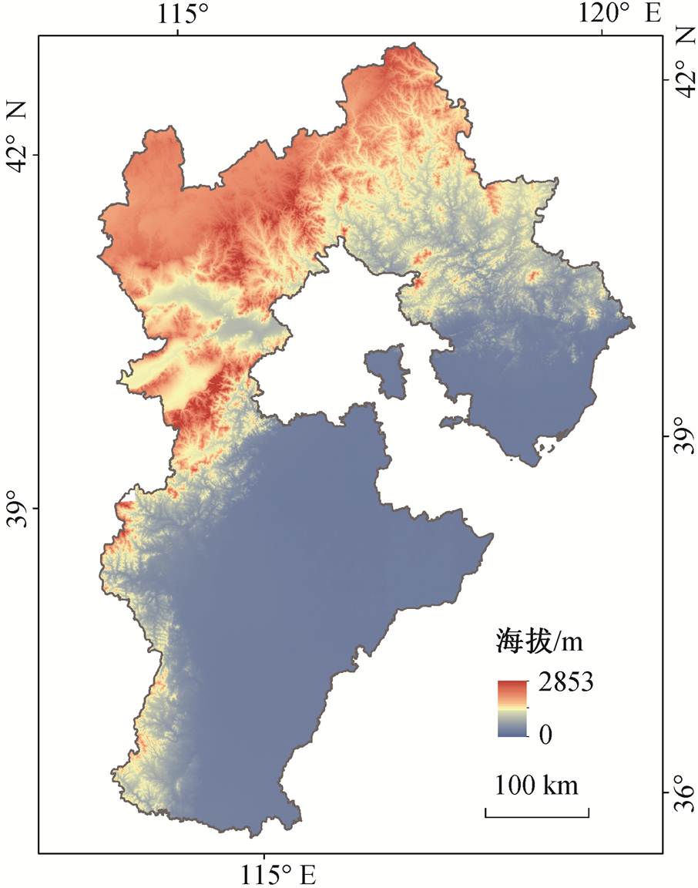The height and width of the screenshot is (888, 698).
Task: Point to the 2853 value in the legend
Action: pyautogui.click(x=564, y=683)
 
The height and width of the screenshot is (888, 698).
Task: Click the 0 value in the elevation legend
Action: pyautogui.click(x=545, y=735)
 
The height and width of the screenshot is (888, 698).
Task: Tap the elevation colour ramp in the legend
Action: pyautogui.click(x=512, y=708)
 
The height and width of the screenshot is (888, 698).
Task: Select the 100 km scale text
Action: pyautogui.click(x=537, y=786)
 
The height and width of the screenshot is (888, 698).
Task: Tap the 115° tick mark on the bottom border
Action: pyautogui.click(x=264, y=850)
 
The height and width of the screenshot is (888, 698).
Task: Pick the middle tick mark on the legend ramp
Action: pyautogui.click(x=528, y=707)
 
